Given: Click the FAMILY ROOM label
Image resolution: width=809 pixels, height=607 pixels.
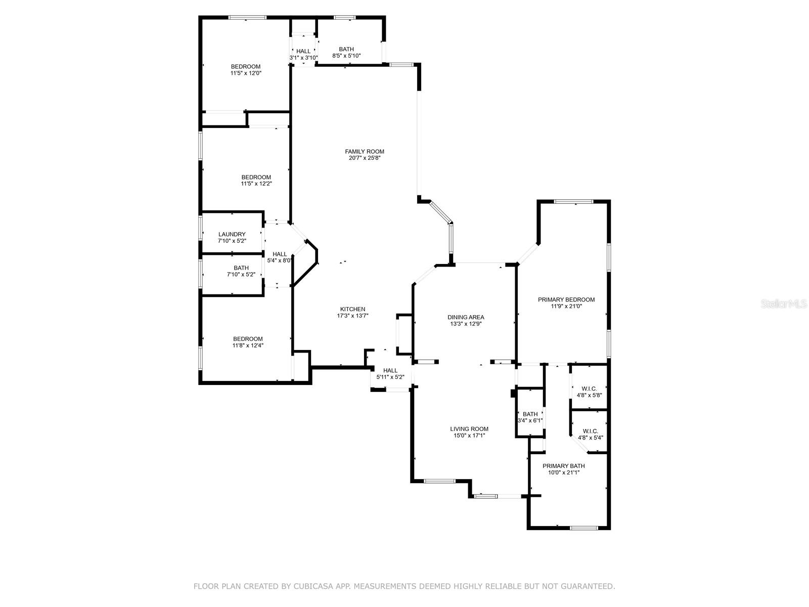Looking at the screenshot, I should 364,151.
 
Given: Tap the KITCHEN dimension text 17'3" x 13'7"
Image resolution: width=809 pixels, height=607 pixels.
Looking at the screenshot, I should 352,316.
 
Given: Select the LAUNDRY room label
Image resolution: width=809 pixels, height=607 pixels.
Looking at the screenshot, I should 232,234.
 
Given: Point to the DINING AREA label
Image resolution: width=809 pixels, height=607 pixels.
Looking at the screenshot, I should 466,317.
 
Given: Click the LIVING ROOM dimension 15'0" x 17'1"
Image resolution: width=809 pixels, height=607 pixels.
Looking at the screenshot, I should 469,436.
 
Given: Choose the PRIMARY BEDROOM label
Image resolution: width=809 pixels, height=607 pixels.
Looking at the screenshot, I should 566,299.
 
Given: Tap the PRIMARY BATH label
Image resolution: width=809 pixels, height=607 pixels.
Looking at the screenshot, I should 563,466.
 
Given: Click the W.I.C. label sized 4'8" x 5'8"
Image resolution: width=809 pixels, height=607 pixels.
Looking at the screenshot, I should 589,389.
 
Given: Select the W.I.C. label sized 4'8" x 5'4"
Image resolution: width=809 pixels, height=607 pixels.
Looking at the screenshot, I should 590,431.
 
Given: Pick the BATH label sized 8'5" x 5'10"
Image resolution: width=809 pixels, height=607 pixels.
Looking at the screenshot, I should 346,49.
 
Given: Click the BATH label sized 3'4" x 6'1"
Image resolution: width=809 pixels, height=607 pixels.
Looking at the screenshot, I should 530,414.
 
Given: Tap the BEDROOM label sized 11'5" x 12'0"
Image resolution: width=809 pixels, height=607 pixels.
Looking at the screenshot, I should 246,66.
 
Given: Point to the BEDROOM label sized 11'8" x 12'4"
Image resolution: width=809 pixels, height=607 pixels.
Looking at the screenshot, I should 248,339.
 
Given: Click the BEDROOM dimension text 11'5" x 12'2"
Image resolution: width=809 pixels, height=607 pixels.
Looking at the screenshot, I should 256,184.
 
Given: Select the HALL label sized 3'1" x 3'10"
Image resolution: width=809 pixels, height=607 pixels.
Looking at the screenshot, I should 303,51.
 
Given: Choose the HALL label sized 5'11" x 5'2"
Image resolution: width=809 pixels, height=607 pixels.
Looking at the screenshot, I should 390,370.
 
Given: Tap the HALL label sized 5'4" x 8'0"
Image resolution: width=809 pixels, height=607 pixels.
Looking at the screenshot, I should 280,254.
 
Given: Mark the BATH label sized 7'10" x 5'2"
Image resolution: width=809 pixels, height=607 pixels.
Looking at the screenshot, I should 241,268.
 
